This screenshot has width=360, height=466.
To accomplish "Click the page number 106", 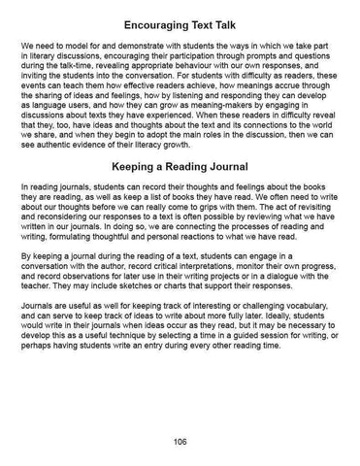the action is pos(180,440).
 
